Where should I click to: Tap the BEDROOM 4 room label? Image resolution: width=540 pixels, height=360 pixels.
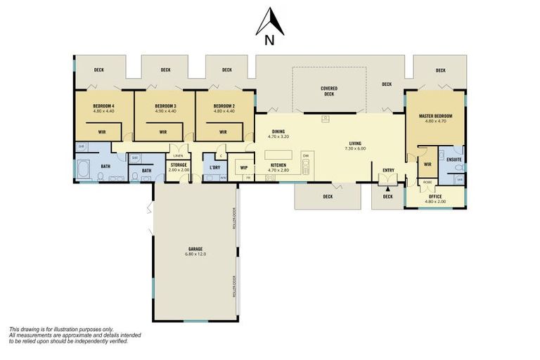(x=103, y=106)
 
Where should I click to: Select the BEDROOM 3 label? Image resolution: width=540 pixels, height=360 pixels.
(x=165, y=106)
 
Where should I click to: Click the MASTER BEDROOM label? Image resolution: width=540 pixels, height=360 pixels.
(x=435, y=116)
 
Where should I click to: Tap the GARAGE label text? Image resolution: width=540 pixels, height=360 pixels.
(x=195, y=249)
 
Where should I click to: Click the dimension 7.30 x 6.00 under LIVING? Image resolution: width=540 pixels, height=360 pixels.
(x=356, y=148)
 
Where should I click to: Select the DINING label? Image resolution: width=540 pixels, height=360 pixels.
(x=278, y=131)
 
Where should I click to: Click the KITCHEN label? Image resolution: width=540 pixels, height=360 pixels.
(x=278, y=165)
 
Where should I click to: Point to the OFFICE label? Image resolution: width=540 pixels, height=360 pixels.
(x=435, y=196)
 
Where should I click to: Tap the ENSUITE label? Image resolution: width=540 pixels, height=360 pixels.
(x=454, y=160)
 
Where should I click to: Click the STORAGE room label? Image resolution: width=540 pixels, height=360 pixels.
(x=179, y=165)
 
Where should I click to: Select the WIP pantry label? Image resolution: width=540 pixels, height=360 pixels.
(x=244, y=167)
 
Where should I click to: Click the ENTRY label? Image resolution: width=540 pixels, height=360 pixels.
(x=388, y=170)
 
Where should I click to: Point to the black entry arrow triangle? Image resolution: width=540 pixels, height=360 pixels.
(x=387, y=188)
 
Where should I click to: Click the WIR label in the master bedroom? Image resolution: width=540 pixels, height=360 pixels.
(x=427, y=165)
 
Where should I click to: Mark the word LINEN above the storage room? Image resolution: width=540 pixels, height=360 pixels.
(x=179, y=155)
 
